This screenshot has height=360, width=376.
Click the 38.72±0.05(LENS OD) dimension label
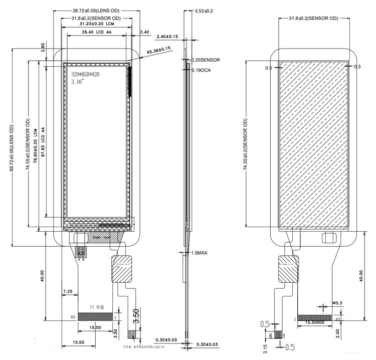tap(99, 10)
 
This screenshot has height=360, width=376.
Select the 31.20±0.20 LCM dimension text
tap(95, 24)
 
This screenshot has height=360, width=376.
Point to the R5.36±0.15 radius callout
tap(159, 50)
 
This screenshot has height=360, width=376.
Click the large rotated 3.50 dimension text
tap(136, 315)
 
